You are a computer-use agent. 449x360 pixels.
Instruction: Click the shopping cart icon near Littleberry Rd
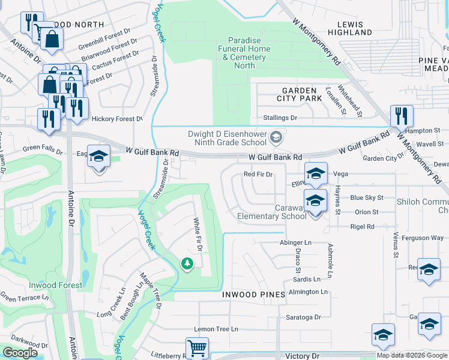[197, 347]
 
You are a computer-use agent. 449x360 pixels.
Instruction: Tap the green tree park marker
[187, 263]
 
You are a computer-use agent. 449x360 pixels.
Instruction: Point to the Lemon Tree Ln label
[216, 329]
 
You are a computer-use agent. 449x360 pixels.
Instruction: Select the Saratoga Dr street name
[303, 317]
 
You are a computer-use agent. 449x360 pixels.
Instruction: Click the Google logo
[20, 353]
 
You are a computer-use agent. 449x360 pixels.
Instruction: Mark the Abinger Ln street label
[295, 242]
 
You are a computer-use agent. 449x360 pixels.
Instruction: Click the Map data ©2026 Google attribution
[412, 355]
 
